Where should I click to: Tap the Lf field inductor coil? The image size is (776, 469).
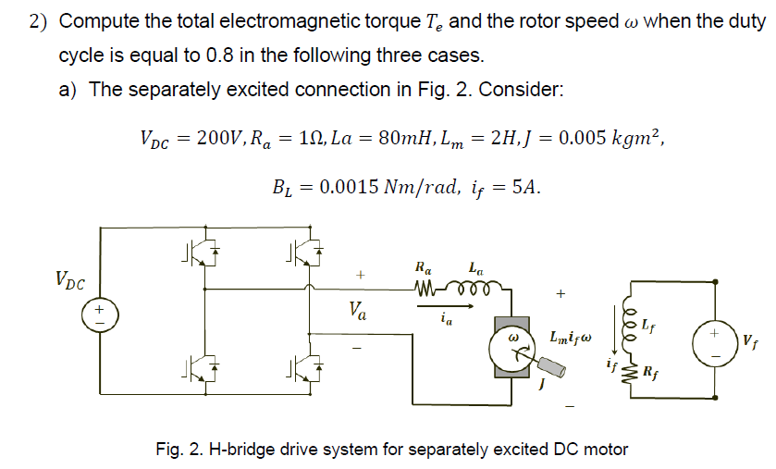pos(635,325)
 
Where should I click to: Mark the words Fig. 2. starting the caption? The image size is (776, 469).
pos(179,450)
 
